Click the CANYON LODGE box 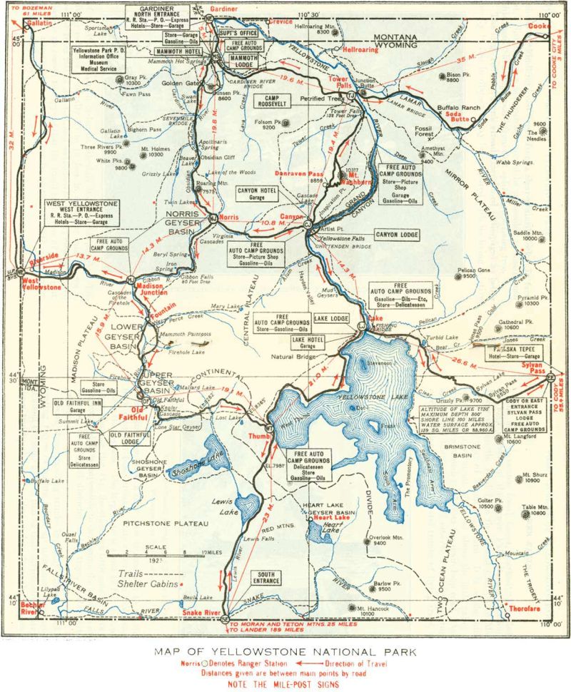[x=398, y=234]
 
